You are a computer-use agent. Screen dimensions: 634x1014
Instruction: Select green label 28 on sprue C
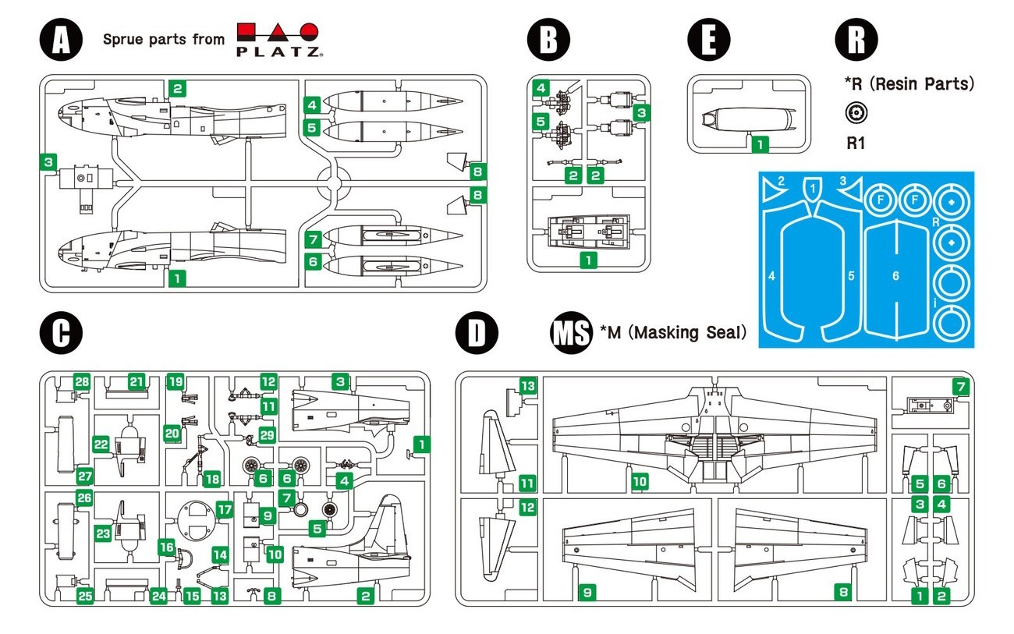[x=82, y=381]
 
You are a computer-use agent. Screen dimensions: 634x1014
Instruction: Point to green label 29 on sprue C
[x=268, y=435]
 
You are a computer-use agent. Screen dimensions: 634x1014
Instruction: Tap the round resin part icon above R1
[x=856, y=114]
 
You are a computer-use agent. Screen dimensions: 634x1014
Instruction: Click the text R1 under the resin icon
[x=856, y=143]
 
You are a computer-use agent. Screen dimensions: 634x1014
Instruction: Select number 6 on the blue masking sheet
[x=895, y=275]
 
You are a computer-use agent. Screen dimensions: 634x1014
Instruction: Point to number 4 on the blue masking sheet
[x=771, y=275]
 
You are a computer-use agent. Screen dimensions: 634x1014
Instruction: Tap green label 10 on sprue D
[x=640, y=483]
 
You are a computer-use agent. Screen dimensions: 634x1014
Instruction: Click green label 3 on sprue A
[x=48, y=162]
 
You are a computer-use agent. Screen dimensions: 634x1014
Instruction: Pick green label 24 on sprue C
[x=159, y=597]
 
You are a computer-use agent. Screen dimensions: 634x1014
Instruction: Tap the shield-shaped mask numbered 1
[x=813, y=188]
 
